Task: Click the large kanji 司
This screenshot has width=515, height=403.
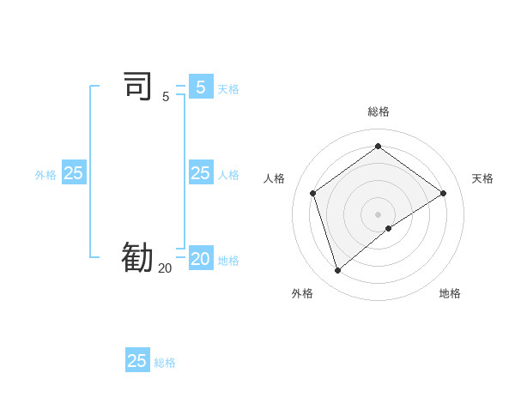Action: coord(138,87)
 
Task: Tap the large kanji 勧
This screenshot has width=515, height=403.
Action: coord(137,257)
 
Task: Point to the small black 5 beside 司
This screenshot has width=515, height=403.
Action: coord(166,97)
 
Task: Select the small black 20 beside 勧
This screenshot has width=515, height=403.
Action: coord(165,268)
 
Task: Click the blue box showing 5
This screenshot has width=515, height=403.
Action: coord(201,87)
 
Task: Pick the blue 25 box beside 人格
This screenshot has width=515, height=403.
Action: coord(200,173)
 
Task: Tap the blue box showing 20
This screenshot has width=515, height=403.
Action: coord(200,258)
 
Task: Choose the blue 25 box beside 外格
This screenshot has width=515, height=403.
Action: coord(74,173)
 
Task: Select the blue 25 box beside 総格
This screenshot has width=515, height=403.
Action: coord(137,361)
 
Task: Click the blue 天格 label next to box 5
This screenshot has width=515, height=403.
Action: coord(228,89)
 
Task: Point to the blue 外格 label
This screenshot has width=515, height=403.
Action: coord(45,175)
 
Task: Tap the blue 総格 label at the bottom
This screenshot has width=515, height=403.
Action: coord(165,363)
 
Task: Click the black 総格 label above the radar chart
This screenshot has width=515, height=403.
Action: coord(379,111)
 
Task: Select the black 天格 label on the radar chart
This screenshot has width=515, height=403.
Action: coord(482,178)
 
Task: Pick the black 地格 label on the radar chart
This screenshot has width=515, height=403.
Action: coord(450,293)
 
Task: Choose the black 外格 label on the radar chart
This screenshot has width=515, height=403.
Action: coord(302,293)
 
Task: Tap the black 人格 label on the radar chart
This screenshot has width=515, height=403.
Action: coord(275,178)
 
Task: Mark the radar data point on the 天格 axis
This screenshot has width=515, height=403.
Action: coord(443,193)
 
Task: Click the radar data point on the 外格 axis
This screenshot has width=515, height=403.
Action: coord(337,271)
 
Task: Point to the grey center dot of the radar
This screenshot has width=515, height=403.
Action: coord(378,214)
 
